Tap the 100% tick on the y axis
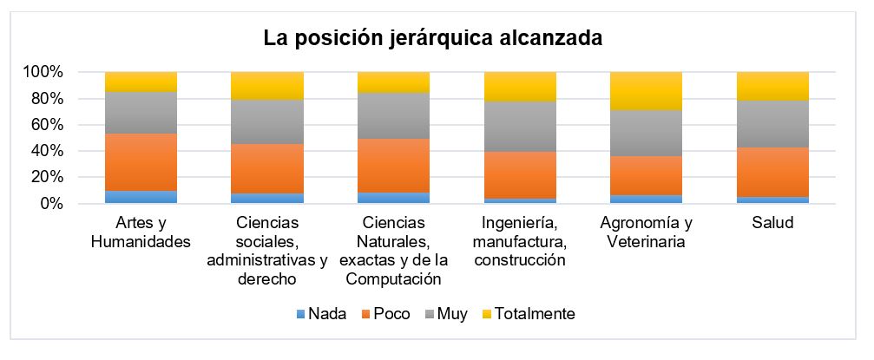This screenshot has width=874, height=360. pyautogui.click(x=42, y=72)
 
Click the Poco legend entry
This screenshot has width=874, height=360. pyautogui.click(x=381, y=313)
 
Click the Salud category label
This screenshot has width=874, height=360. pyautogui.click(x=772, y=224)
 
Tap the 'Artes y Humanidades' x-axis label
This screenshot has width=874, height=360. pyautogui.click(x=141, y=232)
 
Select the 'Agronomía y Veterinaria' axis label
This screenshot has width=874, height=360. pyautogui.click(x=646, y=232)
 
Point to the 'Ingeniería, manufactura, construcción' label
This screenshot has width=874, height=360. pyautogui.click(x=519, y=241)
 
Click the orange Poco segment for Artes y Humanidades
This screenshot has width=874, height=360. pyautogui.click(x=141, y=162)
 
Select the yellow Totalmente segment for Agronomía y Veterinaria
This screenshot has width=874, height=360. pyautogui.click(x=646, y=91)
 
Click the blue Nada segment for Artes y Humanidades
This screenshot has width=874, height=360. pyautogui.click(x=141, y=197)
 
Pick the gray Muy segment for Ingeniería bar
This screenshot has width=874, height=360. pyautogui.click(x=519, y=127)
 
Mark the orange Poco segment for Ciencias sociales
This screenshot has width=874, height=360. pyautogui.click(x=267, y=169)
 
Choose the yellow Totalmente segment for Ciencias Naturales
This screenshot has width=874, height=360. pyautogui.click(x=393, y=82)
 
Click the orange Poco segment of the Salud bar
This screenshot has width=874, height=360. pyautogui.click(x=772, y=172)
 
